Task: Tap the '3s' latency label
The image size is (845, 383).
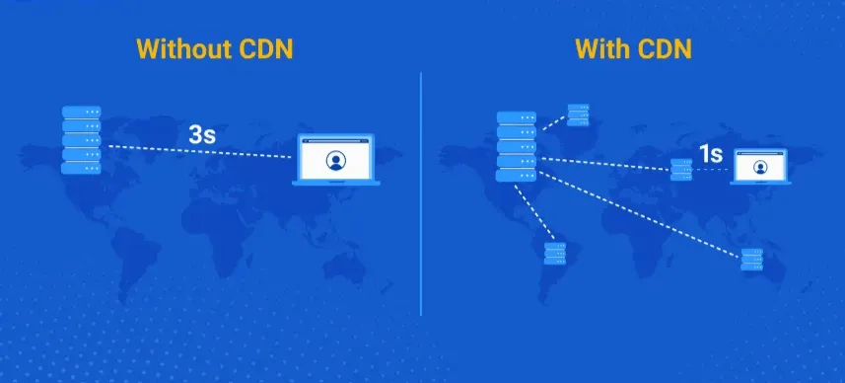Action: click(x=202, y=135)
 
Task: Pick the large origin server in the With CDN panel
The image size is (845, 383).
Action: click(x=517, y=146)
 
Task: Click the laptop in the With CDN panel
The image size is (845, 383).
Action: click(x=759, y=167)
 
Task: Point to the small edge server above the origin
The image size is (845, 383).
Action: click(x=578, y=115)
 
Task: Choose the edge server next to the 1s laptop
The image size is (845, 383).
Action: click(x=681, y=169)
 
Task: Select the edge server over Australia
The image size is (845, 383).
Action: click(x=752, y=259)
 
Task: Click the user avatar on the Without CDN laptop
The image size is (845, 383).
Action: click(x=335, y=161)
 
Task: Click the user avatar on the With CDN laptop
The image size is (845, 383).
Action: click(x=760, y=167)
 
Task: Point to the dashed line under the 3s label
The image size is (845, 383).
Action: click(x=197, y=152)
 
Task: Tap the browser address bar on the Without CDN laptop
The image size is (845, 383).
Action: click(x=337, y=141)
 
